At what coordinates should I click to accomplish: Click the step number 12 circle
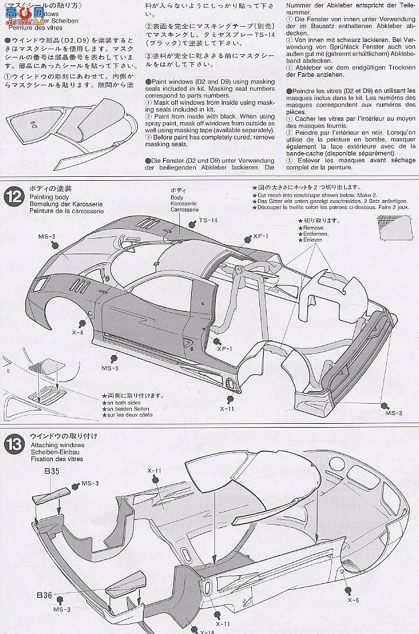[x=12, y=195]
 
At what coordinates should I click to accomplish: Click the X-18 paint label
[x=191, y=629]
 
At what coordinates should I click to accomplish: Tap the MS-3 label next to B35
[x=90, y=483]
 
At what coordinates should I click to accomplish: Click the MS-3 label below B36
[x=63, y=609]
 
